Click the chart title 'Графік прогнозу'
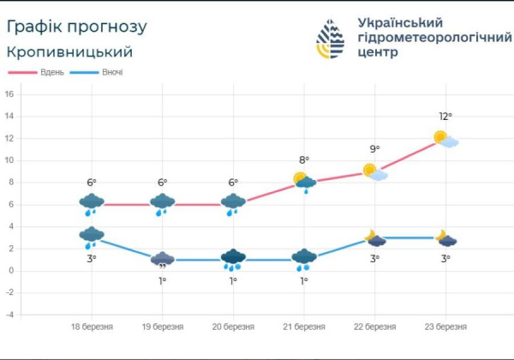click(x=76, y=26)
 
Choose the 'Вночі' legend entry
click(x=112, y=72)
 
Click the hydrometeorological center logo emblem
click(x=331, y=39)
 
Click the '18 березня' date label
click(x=92, y=327)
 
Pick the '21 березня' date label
click(x=304, y=327)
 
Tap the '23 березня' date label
click(x=446, y=327)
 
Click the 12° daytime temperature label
click(x=445, y=117)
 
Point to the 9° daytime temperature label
click(x=375, y=150)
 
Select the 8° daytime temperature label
click(x=304, y=159)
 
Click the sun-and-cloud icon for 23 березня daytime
click(x=445, y=139)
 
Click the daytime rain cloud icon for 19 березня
click(x=163, y=203)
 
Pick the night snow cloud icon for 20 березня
click(x=233, y=258)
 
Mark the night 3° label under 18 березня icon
click(x=92, y=258)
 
